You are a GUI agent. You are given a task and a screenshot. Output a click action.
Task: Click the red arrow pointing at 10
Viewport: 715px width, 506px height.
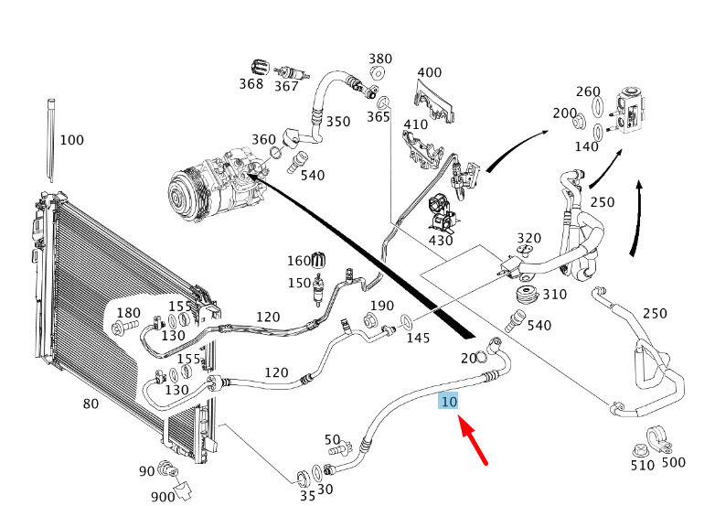click(475, 443)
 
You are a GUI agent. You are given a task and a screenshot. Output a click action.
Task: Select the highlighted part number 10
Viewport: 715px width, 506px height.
click(449, 402)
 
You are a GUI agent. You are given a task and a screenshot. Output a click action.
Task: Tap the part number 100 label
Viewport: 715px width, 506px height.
click(71, 140)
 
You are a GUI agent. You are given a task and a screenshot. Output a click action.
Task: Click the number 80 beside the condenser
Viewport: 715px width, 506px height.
click(91, 404)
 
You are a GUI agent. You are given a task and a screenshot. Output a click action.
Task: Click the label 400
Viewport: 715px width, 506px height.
click(429, 72)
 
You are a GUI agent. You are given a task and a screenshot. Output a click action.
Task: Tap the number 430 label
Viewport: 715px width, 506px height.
click(441, 240)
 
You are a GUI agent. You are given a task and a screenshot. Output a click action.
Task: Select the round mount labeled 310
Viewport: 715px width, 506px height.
click(526, 296)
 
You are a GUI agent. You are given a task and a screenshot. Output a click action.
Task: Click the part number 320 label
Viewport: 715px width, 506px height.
click(529, 239)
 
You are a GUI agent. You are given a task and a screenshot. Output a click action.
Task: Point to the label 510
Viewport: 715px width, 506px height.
click(643, 465)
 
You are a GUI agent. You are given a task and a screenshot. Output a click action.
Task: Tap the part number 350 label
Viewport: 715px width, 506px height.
click(338, 122)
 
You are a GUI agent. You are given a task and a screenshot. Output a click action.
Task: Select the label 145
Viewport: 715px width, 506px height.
click(418, 338)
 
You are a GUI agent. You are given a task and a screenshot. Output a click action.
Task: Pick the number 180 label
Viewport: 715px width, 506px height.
click(129, 313)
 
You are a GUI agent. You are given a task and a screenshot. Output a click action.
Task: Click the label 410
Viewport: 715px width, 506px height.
click(416, 124)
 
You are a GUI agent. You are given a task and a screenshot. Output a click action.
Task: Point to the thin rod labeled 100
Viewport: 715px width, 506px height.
click(49, 146)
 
